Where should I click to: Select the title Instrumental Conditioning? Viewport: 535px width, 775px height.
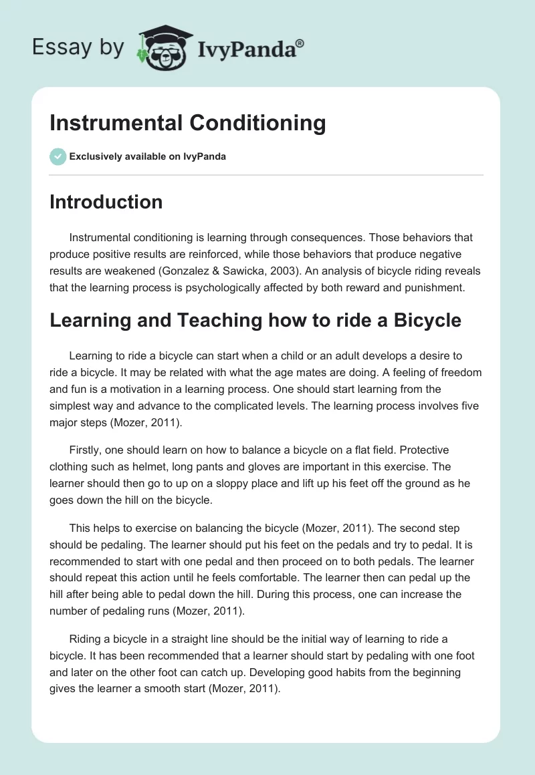pos(188,124)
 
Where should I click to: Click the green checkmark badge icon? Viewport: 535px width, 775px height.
pos(58,156)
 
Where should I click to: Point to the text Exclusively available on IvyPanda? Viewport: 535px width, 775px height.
pos(147,156)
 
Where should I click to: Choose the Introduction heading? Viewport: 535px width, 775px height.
pos(106,202)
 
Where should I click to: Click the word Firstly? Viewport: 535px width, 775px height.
pos(86,450)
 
